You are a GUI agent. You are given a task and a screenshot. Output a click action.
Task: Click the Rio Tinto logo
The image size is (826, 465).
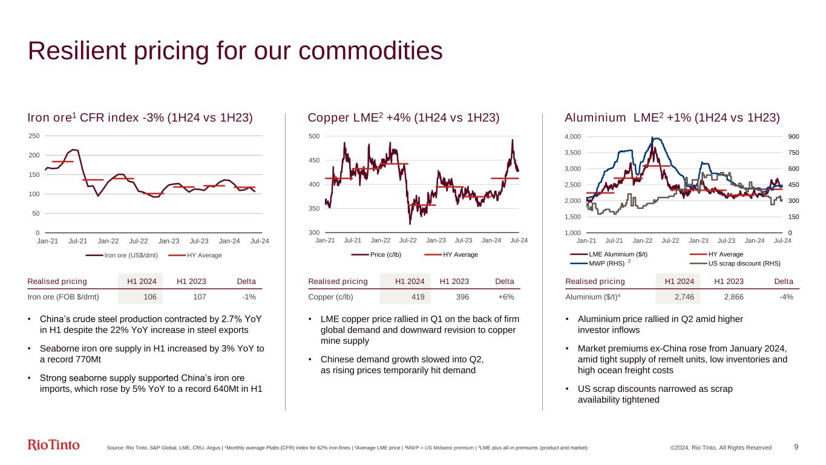point(54,445)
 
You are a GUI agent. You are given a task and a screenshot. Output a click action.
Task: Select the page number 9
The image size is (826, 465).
point(796,447)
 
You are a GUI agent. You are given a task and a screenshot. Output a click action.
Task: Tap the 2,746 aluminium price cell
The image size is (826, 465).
point(678,297)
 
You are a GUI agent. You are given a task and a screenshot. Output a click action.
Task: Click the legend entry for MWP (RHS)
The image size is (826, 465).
point(607,263)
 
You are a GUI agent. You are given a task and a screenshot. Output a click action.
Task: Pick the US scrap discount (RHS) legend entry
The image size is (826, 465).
point(744,263)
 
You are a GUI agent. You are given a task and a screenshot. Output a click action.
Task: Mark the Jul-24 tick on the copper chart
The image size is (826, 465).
point(519,240)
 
